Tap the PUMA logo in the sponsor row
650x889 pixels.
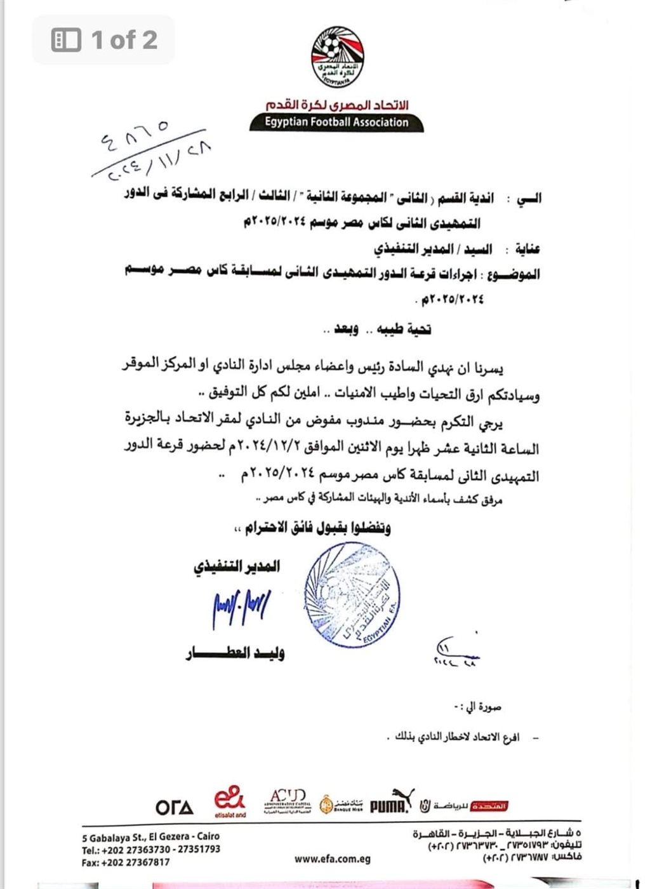(x=390, y=804)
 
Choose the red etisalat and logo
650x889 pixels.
(x=229, y=802)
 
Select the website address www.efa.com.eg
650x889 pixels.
(x=332, y=859)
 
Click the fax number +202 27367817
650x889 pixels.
(x=126, y=862)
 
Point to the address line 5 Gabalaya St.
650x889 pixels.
(x=150, y=836)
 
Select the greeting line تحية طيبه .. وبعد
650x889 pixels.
(x=377, y=329)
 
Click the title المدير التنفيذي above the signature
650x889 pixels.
(x=237, y=566)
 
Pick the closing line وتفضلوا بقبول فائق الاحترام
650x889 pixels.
(x=313, y=527)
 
